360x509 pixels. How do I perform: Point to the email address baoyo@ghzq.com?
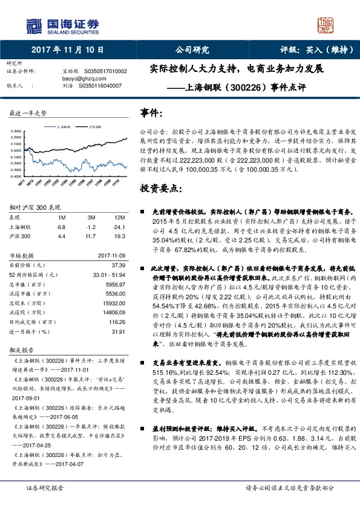[82, 79]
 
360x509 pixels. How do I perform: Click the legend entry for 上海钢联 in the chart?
[64, 128]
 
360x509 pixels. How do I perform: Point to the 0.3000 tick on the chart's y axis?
[17, 131]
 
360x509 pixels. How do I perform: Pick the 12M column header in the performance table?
[119, 217]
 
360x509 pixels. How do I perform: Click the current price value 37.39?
[118, 265]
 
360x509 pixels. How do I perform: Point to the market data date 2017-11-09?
[111, 255]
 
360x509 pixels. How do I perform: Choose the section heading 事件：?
[151, 113]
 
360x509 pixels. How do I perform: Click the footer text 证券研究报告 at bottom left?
[44, 488]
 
